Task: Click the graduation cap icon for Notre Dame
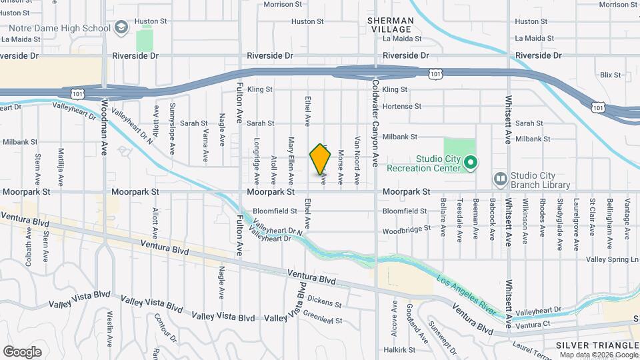click(x=121, y=27)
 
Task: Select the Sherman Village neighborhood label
click(x=391, y=25)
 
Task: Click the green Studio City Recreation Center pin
click(x=471, y=162)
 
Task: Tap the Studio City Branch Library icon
click(x=500, y=179)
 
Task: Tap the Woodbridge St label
click(x=406, y=231)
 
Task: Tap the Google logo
click(x=23, y=351)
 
